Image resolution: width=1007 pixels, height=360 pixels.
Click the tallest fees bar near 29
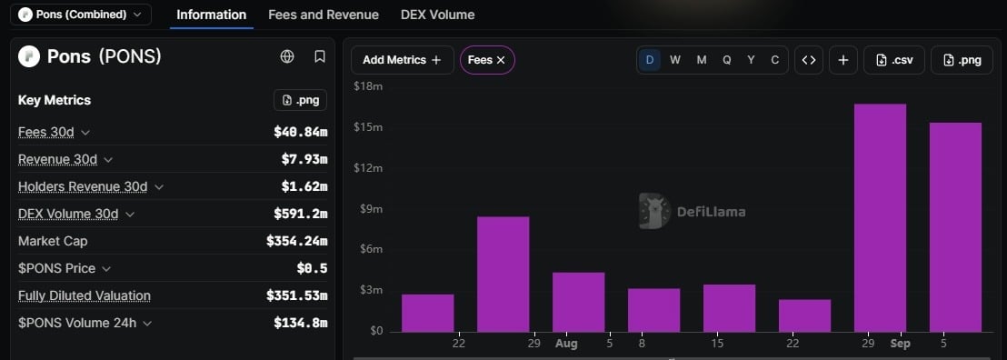(880, 218)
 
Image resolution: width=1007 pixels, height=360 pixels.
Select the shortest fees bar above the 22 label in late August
(804, 315)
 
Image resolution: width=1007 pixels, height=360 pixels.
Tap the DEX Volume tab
(437, 15)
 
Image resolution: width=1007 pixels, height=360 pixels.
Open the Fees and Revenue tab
(324, 15)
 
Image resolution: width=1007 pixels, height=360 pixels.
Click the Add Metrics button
(402, 60)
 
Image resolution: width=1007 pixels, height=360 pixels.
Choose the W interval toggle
(675, 60)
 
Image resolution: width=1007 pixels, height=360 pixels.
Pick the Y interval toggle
(751, 60)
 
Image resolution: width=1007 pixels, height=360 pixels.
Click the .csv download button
(894, 60)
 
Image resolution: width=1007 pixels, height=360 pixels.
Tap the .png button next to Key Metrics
(301, 100)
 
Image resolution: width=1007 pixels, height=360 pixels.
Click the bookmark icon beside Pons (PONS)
(320, 56)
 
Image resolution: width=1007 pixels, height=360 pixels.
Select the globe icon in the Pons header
(287, 56)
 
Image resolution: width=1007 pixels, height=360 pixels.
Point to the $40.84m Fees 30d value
(301, 133)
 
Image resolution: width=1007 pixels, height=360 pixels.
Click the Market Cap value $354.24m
(296, 241)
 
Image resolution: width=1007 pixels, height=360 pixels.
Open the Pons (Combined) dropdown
(81, 15)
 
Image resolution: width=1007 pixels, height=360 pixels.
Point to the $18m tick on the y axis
(368, 86)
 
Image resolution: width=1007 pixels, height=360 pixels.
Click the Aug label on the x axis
(566, 344)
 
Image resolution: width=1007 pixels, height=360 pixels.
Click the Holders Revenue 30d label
(83, 187)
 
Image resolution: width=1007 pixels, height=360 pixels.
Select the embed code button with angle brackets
(809, 60)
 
